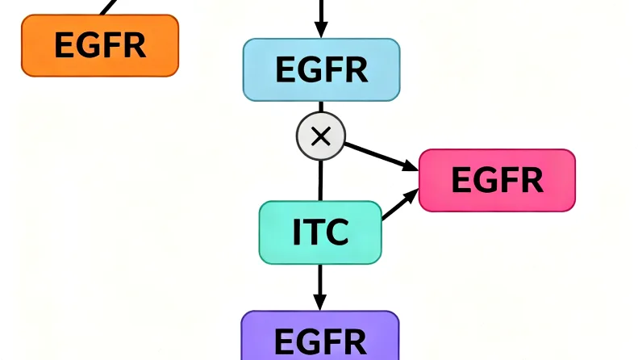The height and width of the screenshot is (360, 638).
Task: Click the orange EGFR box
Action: [99, 45]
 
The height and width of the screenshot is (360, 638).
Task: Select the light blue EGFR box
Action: [321, 69]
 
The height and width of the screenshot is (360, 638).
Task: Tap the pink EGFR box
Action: [497, 179]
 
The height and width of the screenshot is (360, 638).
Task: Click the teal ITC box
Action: [320, 232]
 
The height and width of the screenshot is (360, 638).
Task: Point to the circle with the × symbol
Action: [321, 136]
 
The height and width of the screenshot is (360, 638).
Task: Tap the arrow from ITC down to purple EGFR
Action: [320, 286]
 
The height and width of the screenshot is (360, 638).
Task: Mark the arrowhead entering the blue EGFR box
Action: [321, 29]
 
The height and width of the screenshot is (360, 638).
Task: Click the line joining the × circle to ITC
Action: [321, 178]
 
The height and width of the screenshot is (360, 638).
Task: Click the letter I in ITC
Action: [297, 232]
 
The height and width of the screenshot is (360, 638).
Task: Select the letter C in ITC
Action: [337, 232]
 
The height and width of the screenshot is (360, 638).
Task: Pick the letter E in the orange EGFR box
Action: [63, 45]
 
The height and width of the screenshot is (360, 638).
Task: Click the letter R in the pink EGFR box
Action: [532, 179]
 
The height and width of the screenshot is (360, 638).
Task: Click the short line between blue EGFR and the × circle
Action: [321, 107]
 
